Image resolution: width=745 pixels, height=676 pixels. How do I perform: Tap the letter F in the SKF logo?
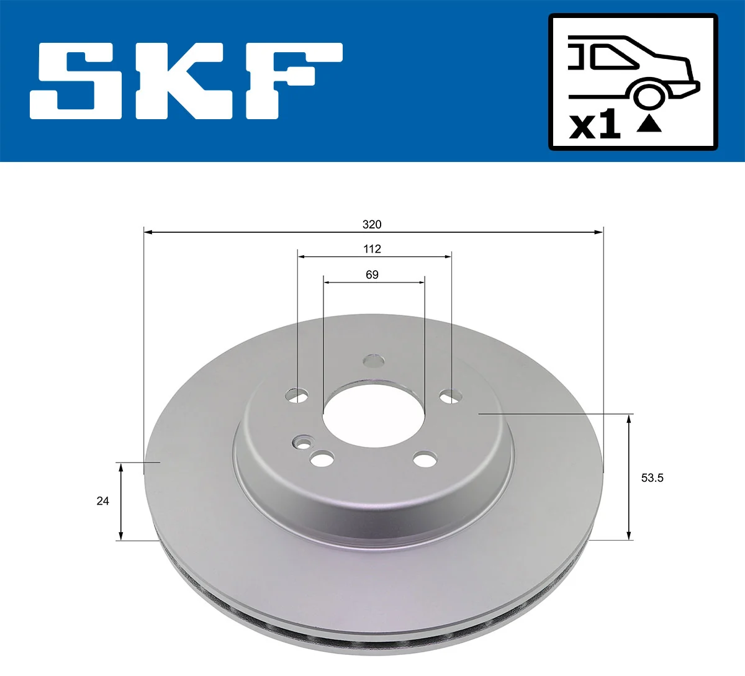tap(292, 81)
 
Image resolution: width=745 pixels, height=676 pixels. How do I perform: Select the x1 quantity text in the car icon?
tap(595, 125)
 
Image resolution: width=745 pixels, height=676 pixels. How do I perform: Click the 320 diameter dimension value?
tap(372, 224)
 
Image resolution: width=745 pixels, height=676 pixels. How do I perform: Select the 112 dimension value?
tap(372, 249)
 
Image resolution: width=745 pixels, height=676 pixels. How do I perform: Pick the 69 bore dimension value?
tap(372, 274)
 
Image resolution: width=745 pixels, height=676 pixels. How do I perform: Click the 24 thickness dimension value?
tap(102, 500)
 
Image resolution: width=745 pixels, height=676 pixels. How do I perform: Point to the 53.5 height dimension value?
tap(652, 478)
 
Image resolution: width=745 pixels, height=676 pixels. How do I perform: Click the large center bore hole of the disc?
tap(373, 413)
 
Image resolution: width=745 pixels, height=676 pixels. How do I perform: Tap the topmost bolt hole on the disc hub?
tap(374, 360)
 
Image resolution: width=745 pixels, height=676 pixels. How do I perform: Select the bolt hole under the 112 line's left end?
tap(297, 395)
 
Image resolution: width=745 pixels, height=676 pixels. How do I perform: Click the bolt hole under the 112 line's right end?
tap(450, 395)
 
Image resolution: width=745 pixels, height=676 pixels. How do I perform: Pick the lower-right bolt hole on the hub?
tap(425, 459)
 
